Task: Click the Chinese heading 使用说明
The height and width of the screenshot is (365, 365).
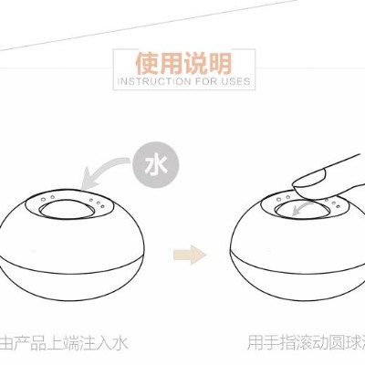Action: click(182, 64)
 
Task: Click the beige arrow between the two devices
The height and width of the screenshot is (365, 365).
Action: click(188, 250)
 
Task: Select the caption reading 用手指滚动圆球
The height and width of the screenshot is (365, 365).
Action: click(301, 343)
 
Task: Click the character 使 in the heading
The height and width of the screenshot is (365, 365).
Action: click(147, 64)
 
